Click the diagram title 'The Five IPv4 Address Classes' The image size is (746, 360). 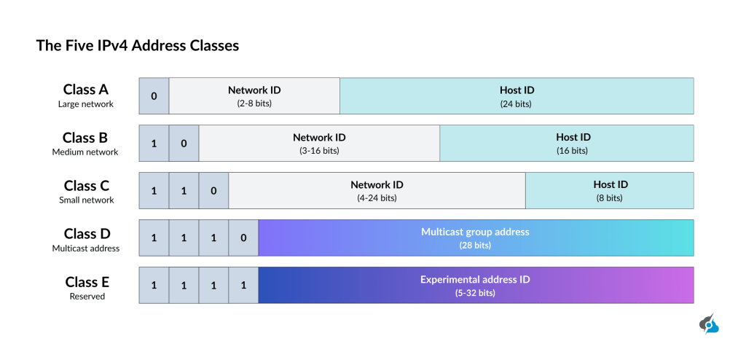[138, 46]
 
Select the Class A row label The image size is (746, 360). [85, 90]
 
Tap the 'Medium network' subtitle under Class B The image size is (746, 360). [85, 152]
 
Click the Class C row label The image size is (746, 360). [85, 184]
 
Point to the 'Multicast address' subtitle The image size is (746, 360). [85, 249]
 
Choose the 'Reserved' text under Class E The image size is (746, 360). [87, 297]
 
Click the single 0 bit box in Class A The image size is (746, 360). [154, 96]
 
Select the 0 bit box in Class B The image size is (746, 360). [184, 144]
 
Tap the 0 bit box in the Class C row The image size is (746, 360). [213, 191]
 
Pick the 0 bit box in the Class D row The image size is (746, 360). [243, 238]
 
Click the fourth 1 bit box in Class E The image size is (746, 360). [243, 286]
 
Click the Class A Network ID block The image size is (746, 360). [254, 96]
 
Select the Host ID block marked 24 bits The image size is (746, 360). [517, 96]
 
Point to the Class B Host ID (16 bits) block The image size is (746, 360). [566, 144]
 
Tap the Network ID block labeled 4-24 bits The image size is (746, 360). [377, 191]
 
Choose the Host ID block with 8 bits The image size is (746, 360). [610, 191]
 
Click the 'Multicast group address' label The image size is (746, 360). [475, 232]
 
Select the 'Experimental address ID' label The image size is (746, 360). [475, 279]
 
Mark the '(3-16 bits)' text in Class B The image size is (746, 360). [319, 151]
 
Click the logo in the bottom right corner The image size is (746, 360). [709, 325]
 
